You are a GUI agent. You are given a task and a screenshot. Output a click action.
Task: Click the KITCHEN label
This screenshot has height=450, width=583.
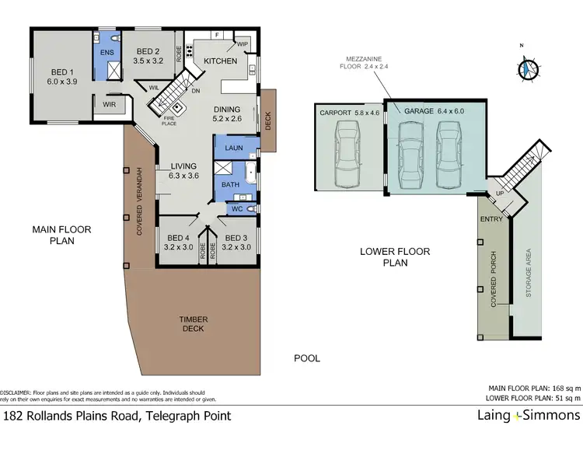click(219, 61)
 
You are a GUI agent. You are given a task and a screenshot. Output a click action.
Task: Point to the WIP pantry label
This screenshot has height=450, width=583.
click(242, 44)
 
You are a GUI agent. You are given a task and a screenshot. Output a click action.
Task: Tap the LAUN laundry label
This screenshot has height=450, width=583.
click(233, 147)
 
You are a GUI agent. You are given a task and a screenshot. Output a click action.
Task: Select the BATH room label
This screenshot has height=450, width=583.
click(230, 185)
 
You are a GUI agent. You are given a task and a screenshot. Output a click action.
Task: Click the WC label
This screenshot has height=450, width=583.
click(238, 208)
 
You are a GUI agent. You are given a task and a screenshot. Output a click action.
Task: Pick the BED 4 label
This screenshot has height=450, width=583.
click(178, 238)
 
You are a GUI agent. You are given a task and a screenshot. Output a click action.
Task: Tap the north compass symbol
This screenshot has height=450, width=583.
click(528, 68)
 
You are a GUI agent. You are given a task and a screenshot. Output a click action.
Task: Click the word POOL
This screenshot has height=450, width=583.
click(306, 358)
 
